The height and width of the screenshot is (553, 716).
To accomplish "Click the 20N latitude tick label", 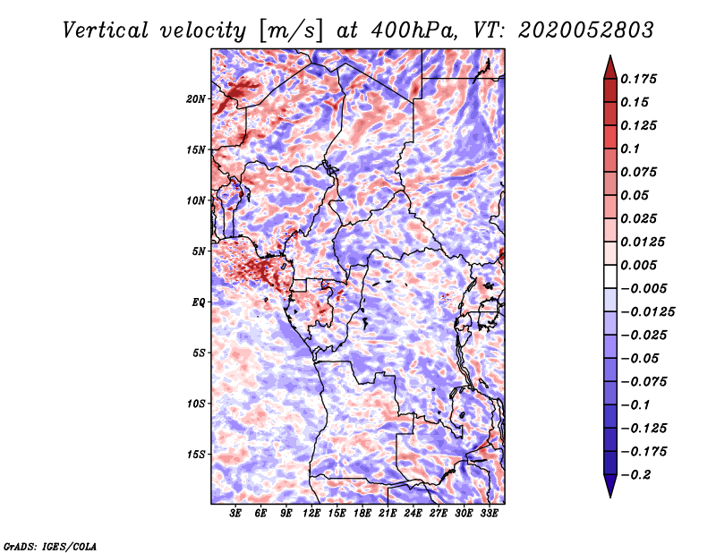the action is tap(196, 99).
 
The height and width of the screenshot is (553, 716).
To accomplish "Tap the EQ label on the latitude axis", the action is tap(199, 302).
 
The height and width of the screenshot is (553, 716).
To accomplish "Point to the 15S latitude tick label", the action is tap(196, 455).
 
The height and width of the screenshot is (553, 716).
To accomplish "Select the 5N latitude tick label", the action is tap(199, 251).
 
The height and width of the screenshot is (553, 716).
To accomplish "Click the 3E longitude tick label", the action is tap(235, 514).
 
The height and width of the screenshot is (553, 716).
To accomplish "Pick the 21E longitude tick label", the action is tap(388, 514).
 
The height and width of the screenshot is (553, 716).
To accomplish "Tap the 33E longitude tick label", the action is tap(489, 514).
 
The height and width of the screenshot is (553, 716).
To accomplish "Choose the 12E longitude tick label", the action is tap(311, 514).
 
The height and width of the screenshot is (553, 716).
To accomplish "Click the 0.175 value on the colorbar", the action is tap(638, 79).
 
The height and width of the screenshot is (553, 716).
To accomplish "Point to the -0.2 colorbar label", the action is tap(636, 475).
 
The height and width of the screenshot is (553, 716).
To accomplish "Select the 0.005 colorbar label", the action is tap(638, 265).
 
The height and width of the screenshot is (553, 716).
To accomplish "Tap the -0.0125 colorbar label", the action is tap(647, 312).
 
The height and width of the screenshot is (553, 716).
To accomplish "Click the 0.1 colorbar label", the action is tap(630, 149).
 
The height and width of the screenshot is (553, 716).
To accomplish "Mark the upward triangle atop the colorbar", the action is tap(610, 67).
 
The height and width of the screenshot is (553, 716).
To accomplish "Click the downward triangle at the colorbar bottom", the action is tap(610, 486).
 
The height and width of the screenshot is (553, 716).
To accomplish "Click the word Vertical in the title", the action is tap(106, 30).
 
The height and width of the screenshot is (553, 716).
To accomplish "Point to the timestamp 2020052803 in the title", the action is tap(586, 30).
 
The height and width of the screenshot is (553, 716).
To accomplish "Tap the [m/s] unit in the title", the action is tap(291, 31).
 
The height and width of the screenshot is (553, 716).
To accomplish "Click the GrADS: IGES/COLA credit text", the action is tap(50, 546).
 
